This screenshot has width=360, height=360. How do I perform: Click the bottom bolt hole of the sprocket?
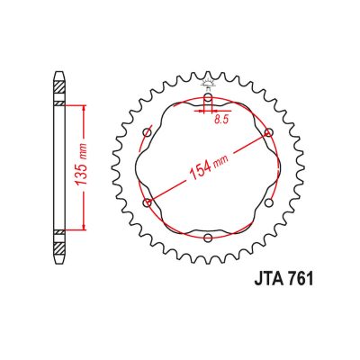[208, 238]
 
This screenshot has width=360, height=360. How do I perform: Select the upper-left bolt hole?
[148, 133]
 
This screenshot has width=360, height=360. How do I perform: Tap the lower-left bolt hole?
[148, 202]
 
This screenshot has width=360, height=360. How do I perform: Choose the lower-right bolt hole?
[268, 202]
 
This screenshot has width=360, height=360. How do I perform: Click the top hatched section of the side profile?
[59, 94]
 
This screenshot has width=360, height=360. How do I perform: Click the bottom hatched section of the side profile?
[59, 239]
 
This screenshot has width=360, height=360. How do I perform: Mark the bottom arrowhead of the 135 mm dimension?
[85, 227]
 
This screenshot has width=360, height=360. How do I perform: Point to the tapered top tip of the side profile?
[59, 73]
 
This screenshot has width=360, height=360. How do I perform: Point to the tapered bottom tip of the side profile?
[59, 261]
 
